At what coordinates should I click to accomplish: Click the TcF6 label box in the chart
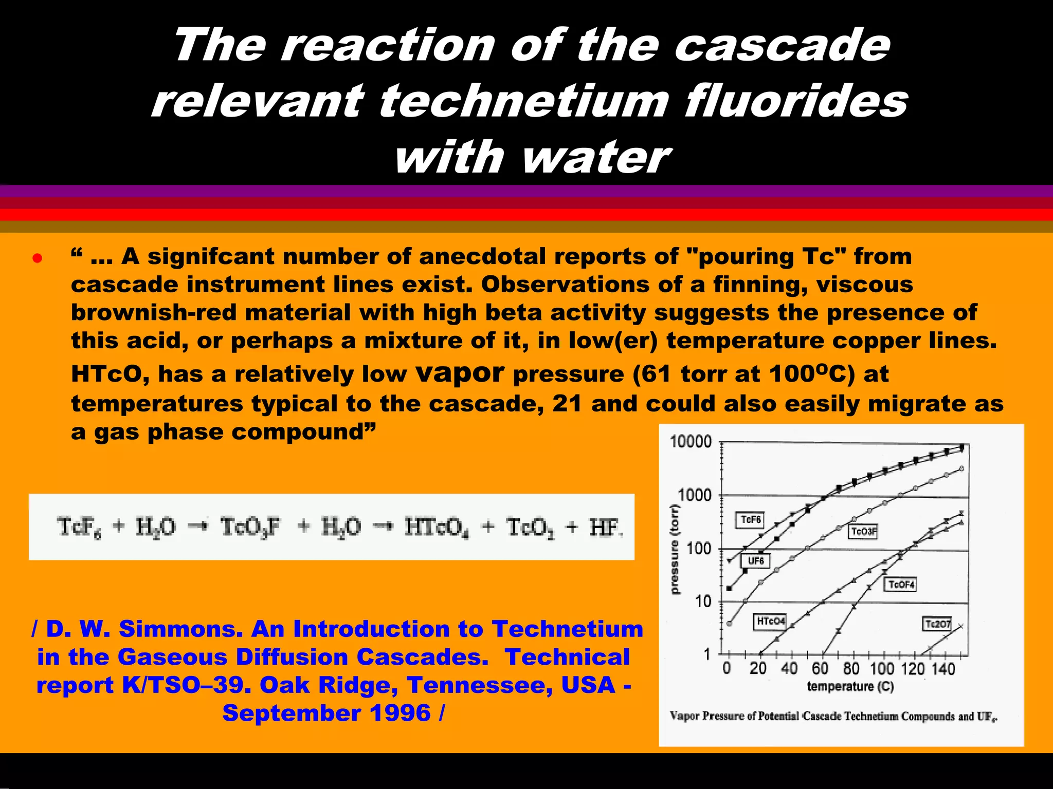click(x=750, y=520)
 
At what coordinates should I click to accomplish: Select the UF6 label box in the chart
click(x=755, y=561)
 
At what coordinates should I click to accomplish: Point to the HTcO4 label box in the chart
click(x=770, y=622)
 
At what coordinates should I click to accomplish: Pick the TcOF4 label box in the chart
click(x=901, y=585)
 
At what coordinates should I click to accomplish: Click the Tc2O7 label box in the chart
click(x=937, y=624)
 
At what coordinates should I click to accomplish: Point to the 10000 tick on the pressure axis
click(x=691, y=442)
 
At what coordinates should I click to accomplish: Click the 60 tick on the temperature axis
click(x=820, y=669)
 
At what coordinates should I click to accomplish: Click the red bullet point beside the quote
click(x=37, y=258)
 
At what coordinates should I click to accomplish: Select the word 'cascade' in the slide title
click(x=782, y=46)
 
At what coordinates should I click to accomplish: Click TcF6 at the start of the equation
click(x=79, y=528)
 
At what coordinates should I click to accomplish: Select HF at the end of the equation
click(x=605, y=528)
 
